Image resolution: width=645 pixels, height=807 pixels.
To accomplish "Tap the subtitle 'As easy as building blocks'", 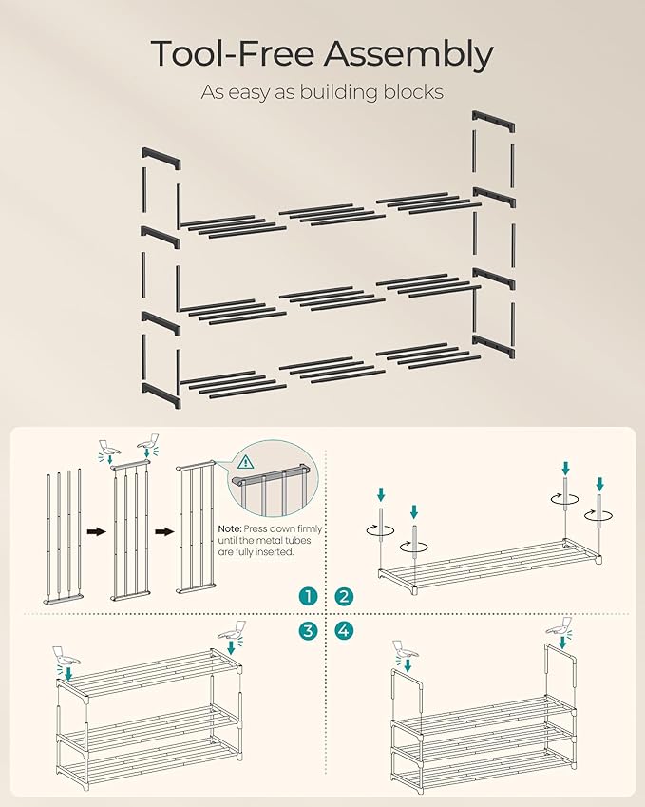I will click(x=322, y=92).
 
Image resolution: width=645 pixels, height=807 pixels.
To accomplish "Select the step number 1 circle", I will click(x=307, y=596).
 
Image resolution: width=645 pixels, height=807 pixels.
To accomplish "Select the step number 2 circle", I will click(x=343, y=596).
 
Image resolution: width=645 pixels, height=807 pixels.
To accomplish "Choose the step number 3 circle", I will click(x=307, y=630).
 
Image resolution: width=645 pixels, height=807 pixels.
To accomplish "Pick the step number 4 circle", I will click(x=343, y=630).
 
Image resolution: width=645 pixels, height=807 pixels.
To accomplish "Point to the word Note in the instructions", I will click(x=230, y=528).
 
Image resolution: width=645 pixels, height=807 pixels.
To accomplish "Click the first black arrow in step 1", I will click(x=95, y=533).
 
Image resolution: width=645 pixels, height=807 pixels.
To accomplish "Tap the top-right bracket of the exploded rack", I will click(x=494, y=125).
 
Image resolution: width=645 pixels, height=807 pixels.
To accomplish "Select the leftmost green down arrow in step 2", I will click(x=380, y=494).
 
